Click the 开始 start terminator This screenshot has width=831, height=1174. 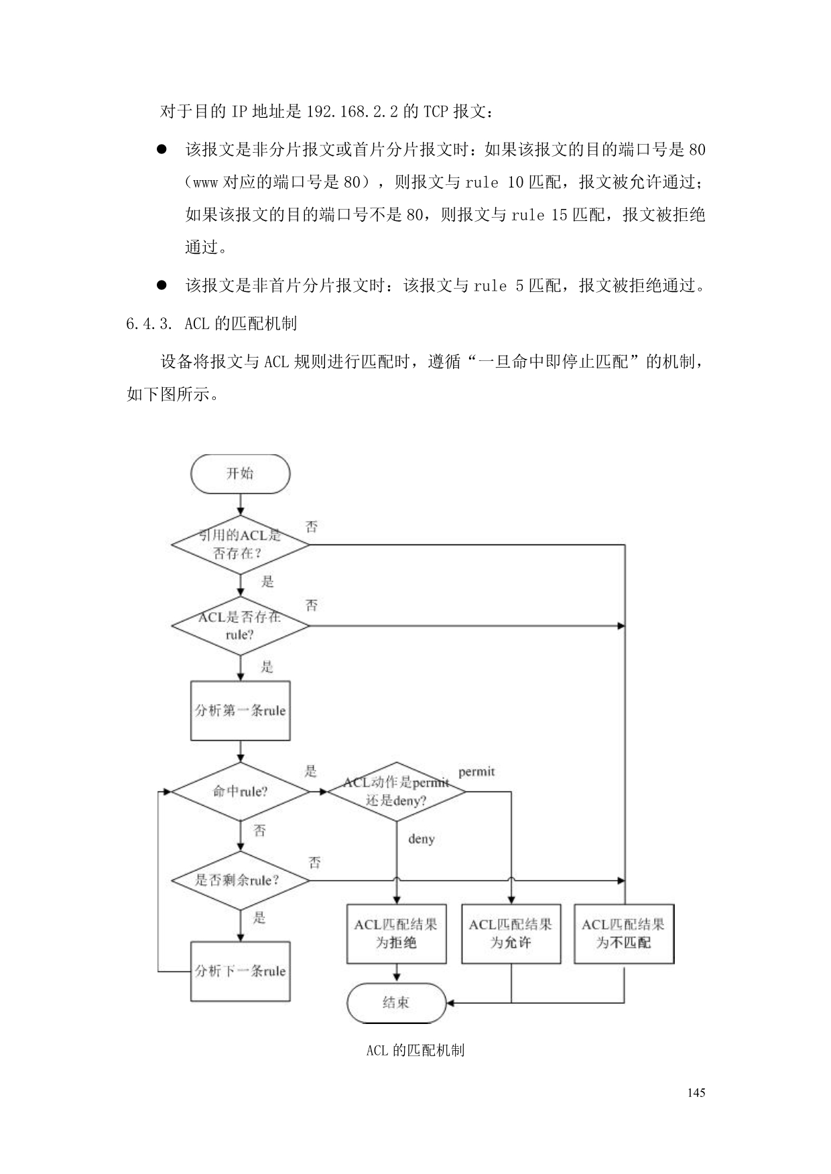[x=240, y=473]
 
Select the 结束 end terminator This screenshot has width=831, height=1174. [x=396, y=1003]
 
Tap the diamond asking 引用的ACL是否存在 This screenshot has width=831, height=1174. [x=240, y=544]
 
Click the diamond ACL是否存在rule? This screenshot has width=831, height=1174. [x=240, y=626]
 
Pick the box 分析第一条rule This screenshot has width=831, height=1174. [x=240, y=711]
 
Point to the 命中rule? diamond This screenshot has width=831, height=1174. [x=240, y=792]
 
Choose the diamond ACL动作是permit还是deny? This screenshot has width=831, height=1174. [x=396, y=792]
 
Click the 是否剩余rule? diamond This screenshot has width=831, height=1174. [x=240, y=880]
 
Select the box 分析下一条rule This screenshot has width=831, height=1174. [x=240, y=971]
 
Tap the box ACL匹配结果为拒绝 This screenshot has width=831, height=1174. [x=396, y=934]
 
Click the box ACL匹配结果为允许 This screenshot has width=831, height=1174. [x=511, y=934]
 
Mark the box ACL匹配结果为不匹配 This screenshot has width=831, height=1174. [x=624, y=934]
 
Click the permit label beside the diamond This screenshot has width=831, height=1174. [x=476, y=772]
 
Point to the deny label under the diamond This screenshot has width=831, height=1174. [x=422, y=839]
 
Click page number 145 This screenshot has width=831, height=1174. [x=696, y=1092]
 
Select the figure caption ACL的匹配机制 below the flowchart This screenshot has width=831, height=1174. [x=415, y=1050]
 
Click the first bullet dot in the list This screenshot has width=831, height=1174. [x=162, y=149]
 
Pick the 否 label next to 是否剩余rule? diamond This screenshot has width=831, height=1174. [x=315, y=862]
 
